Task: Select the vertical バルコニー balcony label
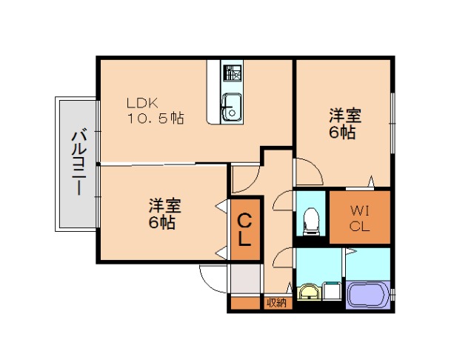[76, 162]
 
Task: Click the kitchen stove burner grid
[233, 73]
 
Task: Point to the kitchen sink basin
[231, 108]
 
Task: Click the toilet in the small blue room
[311, 220]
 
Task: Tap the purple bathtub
[368, 294]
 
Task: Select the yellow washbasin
[307, 293]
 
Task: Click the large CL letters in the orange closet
[245, 229]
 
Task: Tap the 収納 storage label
[276, 302]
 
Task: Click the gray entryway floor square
[244, 278]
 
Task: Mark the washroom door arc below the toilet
[283, 259]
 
